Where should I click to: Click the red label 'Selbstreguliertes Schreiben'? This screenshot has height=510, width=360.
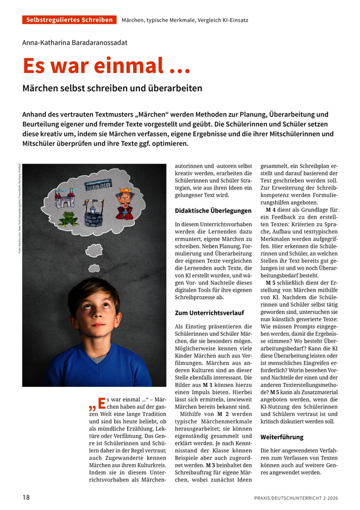click(x=69, y=20)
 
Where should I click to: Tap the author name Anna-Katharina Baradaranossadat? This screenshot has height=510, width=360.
click(x=74, y=43)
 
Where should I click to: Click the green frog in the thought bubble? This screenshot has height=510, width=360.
click(x=68, y=219)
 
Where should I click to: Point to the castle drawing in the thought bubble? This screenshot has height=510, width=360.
click(x=65, y=199)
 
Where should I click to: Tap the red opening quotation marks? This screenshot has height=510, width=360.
click(x=93, y=403)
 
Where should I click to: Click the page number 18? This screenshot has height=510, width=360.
click(x=26, y=497)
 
